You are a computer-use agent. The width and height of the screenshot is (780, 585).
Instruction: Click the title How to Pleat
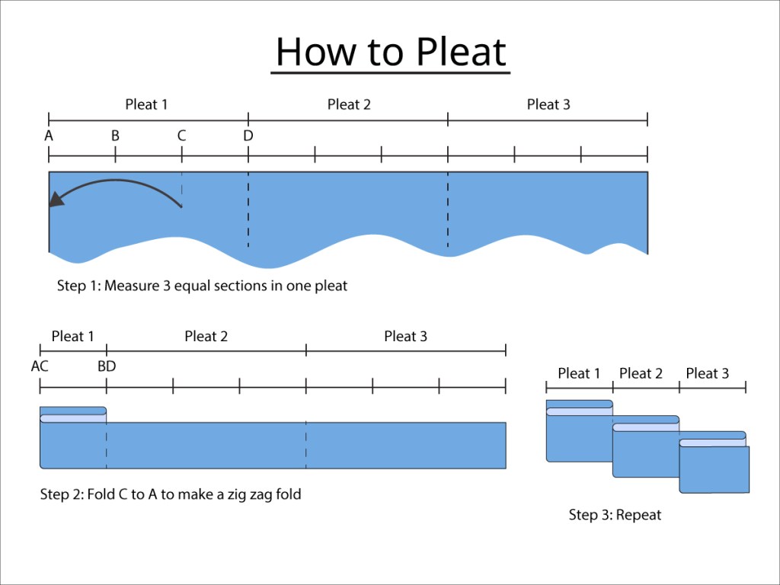coord(390,52)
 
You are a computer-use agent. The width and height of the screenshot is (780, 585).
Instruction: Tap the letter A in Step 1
coord(49,136)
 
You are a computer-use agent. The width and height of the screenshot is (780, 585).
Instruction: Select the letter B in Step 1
coord(115,136)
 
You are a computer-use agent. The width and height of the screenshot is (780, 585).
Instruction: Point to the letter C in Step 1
coord(181,136)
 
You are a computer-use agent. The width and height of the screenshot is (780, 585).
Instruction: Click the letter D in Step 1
coord(248,136)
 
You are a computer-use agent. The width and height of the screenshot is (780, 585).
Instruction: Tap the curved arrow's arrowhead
coord(54,200)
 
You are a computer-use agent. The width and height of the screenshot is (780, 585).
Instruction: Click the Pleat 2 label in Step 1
coord(349,104)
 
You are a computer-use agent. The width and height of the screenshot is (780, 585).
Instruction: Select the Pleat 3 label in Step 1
coord(548,104)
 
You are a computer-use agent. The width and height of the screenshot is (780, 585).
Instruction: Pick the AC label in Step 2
coord(40,366)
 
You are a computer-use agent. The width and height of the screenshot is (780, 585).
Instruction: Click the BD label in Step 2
coord(107,366)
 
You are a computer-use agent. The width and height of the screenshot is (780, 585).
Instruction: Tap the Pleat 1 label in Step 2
coord(73,336)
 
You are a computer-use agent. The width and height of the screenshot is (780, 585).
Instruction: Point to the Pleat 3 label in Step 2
coord(405,336)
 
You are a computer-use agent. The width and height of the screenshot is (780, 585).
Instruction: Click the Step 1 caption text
coord(202,286)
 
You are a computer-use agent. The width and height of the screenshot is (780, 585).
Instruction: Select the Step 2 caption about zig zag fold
coord(171,494)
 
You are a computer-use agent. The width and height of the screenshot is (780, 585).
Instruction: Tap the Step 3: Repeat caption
coord(615,515)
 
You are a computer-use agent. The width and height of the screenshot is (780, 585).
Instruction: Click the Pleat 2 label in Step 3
coord(641,373)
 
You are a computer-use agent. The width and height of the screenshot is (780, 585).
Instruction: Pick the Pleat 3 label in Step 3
coord(707,373)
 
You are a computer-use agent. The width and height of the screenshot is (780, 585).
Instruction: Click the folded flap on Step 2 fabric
coord(73,415)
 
